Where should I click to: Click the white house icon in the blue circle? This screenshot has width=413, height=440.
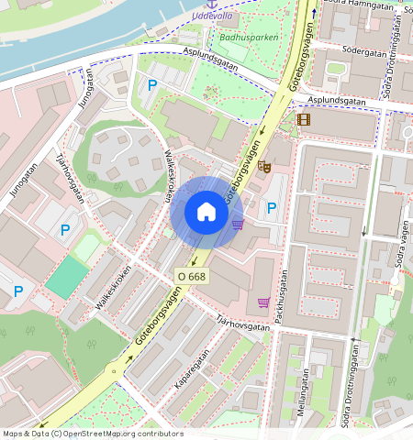click(206, 213)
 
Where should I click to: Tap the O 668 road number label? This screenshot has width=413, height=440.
click(191, 275)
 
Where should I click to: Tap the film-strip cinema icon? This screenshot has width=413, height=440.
click(304, 118)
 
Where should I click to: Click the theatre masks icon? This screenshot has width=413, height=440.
click(263, 166)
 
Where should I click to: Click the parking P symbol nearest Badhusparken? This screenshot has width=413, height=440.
click(152, 85)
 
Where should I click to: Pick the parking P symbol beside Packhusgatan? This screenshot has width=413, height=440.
click(271, 209)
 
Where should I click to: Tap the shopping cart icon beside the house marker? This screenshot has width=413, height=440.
click(238, 224)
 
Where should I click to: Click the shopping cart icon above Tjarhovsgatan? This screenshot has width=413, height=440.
click(264, 302)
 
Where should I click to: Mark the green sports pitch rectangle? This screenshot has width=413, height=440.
click(64, 276)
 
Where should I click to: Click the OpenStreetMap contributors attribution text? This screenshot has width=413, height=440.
click(119, 434)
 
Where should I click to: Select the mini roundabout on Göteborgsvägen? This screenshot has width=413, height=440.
click(115, 371)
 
